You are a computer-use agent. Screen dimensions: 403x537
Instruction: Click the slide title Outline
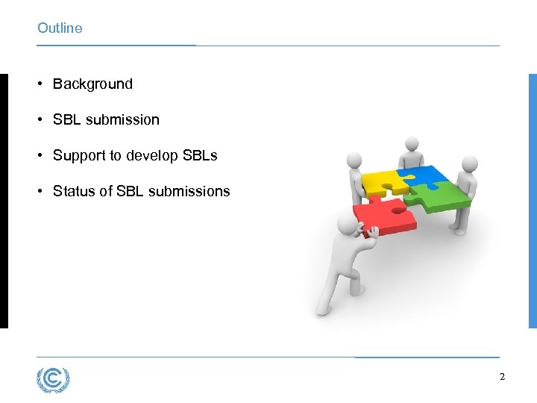pos(60,28)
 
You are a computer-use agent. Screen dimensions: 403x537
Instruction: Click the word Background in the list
pos(92,84)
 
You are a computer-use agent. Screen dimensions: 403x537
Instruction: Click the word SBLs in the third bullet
pos(201,155)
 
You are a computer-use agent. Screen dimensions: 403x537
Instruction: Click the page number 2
pos(502,377)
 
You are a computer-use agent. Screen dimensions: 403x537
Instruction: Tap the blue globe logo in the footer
pos(53,379)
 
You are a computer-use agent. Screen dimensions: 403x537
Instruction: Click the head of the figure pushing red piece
pos(346,223)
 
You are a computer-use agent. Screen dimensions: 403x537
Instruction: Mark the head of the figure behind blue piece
pos(410,143)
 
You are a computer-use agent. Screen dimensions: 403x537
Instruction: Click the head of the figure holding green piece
pos(469,163)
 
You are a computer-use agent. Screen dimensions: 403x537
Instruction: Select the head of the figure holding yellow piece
pos(354,160)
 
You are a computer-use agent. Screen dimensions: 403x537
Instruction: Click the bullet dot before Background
pos(40,84)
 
